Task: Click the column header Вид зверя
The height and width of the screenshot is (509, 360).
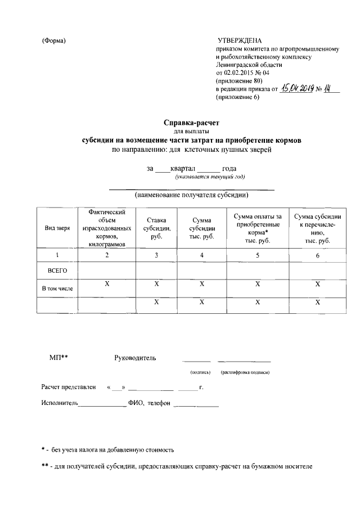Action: click(x=57, y=228)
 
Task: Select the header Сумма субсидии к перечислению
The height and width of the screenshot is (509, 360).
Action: click(x=317, y=228)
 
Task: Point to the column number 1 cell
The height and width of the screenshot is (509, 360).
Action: click(x=57, y=256)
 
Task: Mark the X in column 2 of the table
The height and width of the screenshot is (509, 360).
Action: click(x=107, y=285)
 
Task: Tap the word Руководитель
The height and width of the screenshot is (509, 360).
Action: click(x=136, y=358)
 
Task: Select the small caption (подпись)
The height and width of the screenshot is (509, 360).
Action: click(x=200, y=372)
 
